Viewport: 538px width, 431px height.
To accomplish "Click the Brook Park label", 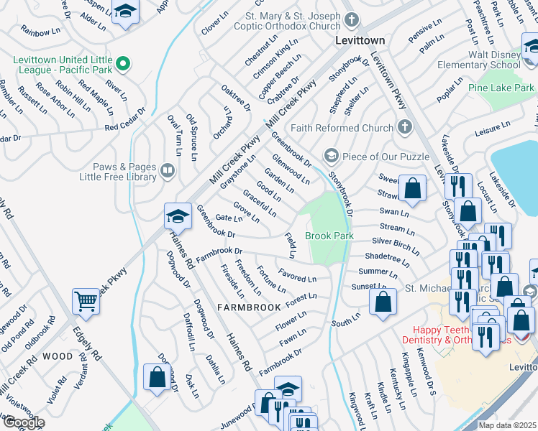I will click(x=329, y=236).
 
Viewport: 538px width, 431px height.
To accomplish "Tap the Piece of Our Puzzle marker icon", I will click(x=331, y=155).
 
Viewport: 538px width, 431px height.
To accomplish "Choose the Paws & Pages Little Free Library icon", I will click(x=167, y=170).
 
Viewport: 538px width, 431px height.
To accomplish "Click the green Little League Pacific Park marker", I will click(x=123, y=65).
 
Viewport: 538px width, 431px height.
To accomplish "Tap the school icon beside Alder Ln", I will click(x=126, y=12).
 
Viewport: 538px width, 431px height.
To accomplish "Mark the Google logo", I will click(x=24, y=422).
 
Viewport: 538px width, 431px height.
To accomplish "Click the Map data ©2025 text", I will click(x=507, y=425).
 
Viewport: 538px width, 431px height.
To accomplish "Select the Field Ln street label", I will click(x=291, y=245).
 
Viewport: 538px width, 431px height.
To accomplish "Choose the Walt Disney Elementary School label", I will click(x=484, y=60).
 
